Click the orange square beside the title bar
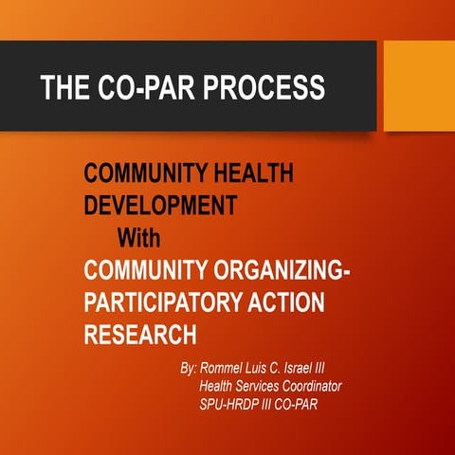tap(418, 86)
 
